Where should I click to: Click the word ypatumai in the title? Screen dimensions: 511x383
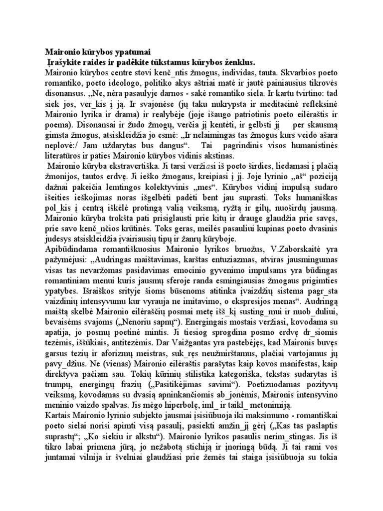pyautogui.click(x=128, y=51)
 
